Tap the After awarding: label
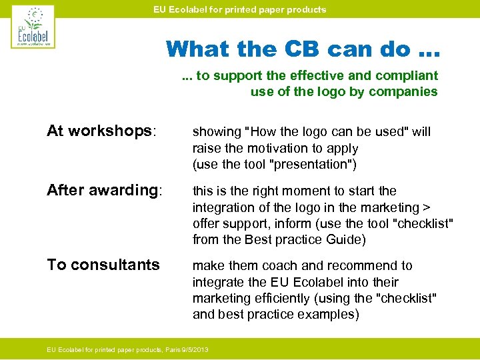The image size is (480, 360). point(104,190)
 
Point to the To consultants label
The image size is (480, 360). point(103,265)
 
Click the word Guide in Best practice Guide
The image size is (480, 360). point(348,239)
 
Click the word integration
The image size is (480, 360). point(221,207)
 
